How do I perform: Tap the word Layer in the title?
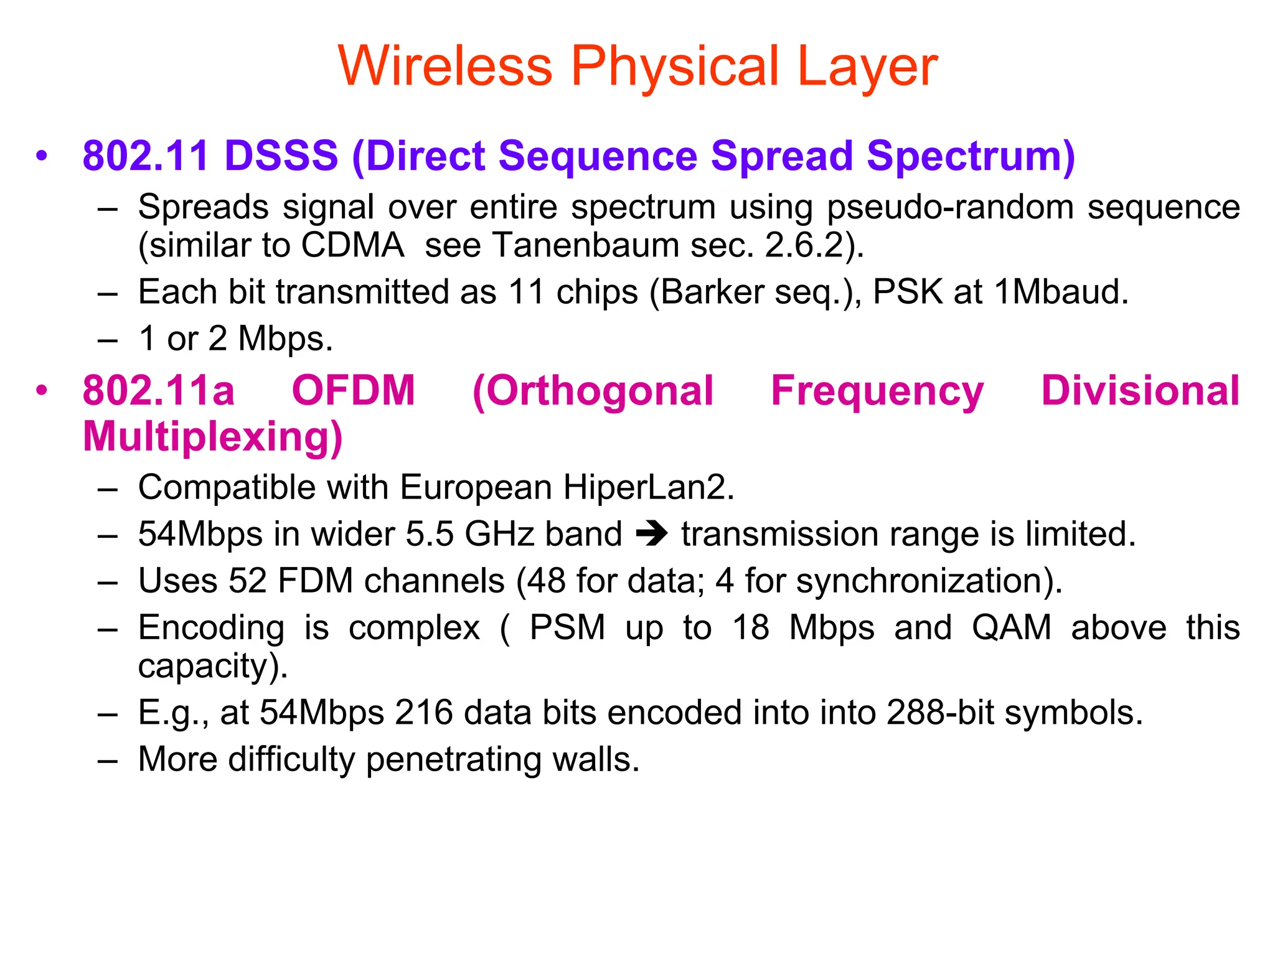pos(867,67)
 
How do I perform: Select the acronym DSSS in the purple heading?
pos(281,156)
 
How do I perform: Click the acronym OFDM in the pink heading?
pos(353,391)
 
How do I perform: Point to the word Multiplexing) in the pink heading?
pos(213,438)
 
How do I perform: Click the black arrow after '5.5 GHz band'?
pos(652,534)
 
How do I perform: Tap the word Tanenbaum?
pos(585,245)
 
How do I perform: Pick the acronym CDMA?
pos(353,245)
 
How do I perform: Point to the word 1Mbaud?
pos(1061,292)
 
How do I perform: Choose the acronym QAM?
pos(1012,627)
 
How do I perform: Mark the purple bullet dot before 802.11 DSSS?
pos(42,156)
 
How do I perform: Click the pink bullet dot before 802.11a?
pos(42,391)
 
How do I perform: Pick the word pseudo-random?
pos(950,207)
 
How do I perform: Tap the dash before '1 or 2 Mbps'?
pos(108,340)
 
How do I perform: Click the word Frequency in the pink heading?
pos(877,391)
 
